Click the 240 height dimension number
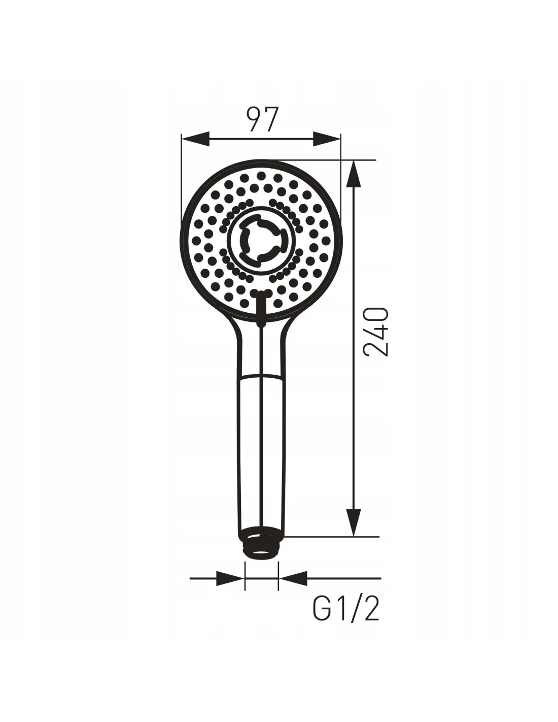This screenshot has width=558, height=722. coord(375,332)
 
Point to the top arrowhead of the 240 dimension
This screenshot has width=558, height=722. coord(354,175)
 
